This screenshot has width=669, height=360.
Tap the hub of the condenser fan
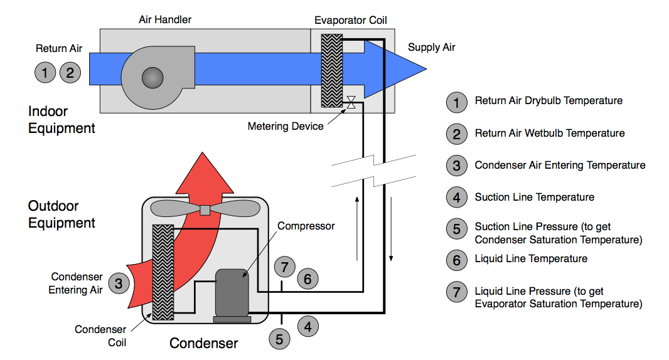[204, 209]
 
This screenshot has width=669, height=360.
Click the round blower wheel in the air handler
[153, 77]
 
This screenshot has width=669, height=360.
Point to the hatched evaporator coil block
[331, 70]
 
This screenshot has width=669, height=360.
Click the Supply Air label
[431, 48]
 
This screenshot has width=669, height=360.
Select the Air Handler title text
[165, 19]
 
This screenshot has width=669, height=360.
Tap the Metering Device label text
[286, 126]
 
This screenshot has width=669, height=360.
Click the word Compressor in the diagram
[306, 226]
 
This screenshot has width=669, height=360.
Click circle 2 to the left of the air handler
[70, 73]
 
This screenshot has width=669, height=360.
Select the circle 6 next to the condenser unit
[307, 278]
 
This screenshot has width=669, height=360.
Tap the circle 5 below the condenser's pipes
[279, 339]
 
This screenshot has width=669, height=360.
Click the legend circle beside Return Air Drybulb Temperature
[456, 102]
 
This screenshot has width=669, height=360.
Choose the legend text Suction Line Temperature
[534, 197]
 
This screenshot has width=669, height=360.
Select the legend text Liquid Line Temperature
[531, 258]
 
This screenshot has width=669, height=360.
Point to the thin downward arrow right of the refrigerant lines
[392, 230]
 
